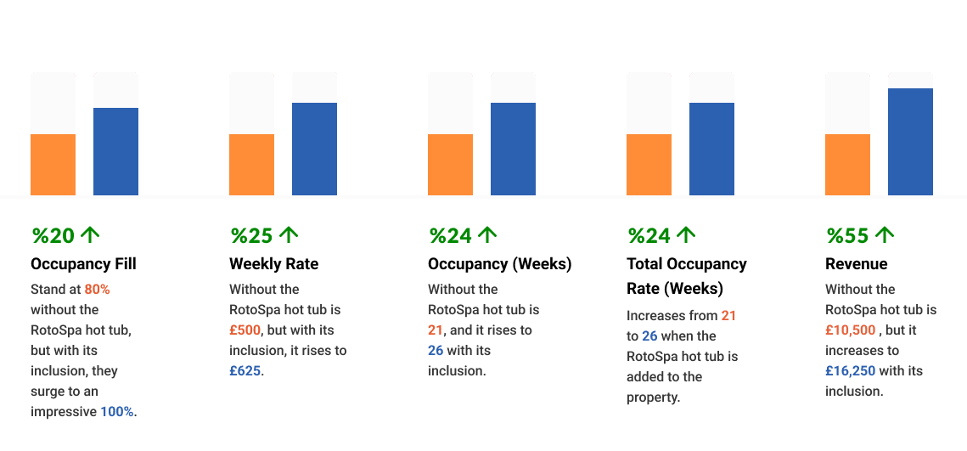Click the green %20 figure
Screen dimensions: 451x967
(53, 235)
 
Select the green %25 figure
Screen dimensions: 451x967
(251, 235)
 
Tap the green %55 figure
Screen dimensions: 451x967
(847, 235)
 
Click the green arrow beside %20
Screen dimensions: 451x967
(90, 234)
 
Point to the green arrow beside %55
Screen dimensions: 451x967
(885, 234)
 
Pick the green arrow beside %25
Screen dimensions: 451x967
(289, 234)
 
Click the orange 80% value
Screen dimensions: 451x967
(97, 290)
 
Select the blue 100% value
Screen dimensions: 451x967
(117, 412)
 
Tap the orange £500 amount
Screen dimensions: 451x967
(245, 330)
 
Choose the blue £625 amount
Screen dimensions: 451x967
(245, 371)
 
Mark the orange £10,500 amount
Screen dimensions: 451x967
(850, 330)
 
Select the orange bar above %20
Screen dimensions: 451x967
(53, 165)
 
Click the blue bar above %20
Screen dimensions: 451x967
(115, 151)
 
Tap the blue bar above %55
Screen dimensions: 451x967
(910, 141)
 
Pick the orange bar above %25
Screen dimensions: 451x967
(251, 165)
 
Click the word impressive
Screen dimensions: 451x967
(64, 412)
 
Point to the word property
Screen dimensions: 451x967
(653, 397)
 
